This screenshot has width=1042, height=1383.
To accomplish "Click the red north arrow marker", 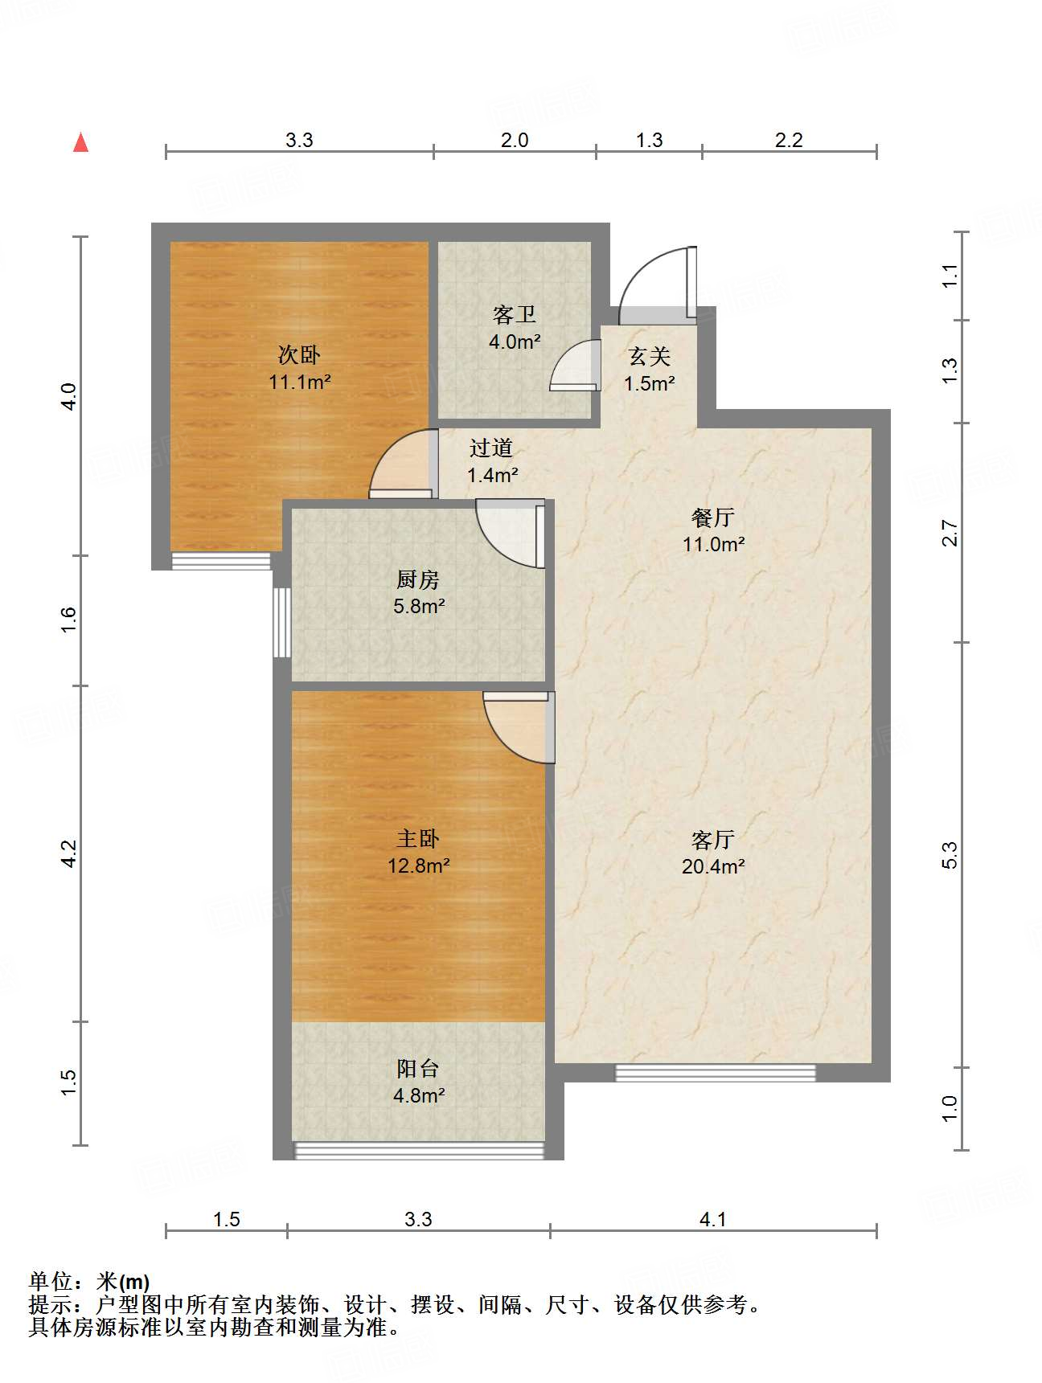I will pos(80,143).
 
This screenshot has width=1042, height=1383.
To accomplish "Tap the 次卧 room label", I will pos(299,354).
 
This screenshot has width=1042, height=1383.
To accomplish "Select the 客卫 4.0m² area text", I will pos(515,342).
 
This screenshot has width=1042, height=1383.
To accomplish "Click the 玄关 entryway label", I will pos(649,356).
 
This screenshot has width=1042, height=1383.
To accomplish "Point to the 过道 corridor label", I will pos(490,448).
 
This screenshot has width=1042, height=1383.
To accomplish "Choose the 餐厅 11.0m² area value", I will pos(713,544).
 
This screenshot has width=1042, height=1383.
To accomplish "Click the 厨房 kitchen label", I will pos(418,579).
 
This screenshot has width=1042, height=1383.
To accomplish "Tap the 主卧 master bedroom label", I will pos(418,839).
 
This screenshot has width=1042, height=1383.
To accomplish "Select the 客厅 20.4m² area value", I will pos(713,866).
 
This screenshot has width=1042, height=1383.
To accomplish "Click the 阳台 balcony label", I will pos(418,1068).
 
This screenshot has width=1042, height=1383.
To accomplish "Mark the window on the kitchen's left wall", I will pos(281,623).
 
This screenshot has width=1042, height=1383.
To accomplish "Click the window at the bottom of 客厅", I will pos(715,1072).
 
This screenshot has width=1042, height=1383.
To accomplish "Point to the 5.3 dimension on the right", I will pos(950,855).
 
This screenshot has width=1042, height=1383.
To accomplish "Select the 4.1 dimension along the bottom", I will pos(712,1219).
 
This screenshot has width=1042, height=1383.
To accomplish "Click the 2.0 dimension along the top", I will pos(515,140).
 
